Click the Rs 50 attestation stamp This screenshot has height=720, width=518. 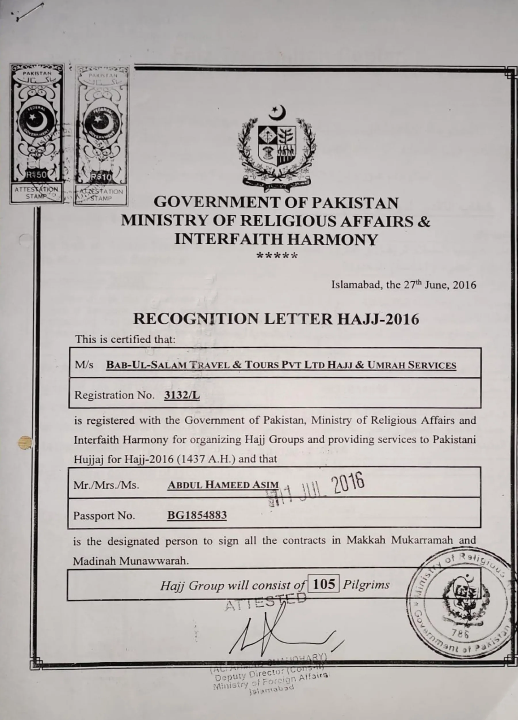coord(37,133)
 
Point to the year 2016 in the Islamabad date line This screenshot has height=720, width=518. coord(464,285)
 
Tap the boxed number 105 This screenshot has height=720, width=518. coord(323,583)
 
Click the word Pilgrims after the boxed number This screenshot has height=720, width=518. coord(366,584)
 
